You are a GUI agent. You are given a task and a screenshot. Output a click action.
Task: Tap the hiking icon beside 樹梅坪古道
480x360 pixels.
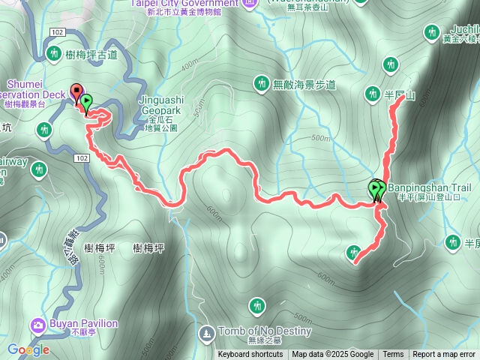tap(54, 54)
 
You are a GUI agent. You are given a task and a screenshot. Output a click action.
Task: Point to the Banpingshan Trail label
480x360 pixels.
tap(428, 187)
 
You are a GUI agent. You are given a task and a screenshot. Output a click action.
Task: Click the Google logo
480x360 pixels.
tap(28, 349)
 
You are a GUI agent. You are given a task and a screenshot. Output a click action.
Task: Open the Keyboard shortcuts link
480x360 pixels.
tap(250, 355)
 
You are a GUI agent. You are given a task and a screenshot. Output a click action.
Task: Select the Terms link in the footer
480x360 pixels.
tap(393, 355)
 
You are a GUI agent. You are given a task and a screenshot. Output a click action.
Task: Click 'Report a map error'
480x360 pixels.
tap(444, 355)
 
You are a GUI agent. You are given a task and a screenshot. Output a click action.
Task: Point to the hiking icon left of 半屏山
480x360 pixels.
tap(372, 94)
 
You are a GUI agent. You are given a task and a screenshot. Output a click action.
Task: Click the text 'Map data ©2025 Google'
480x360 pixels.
tap(333, 355)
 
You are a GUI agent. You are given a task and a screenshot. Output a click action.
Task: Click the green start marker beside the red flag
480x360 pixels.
tap(86, 101)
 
